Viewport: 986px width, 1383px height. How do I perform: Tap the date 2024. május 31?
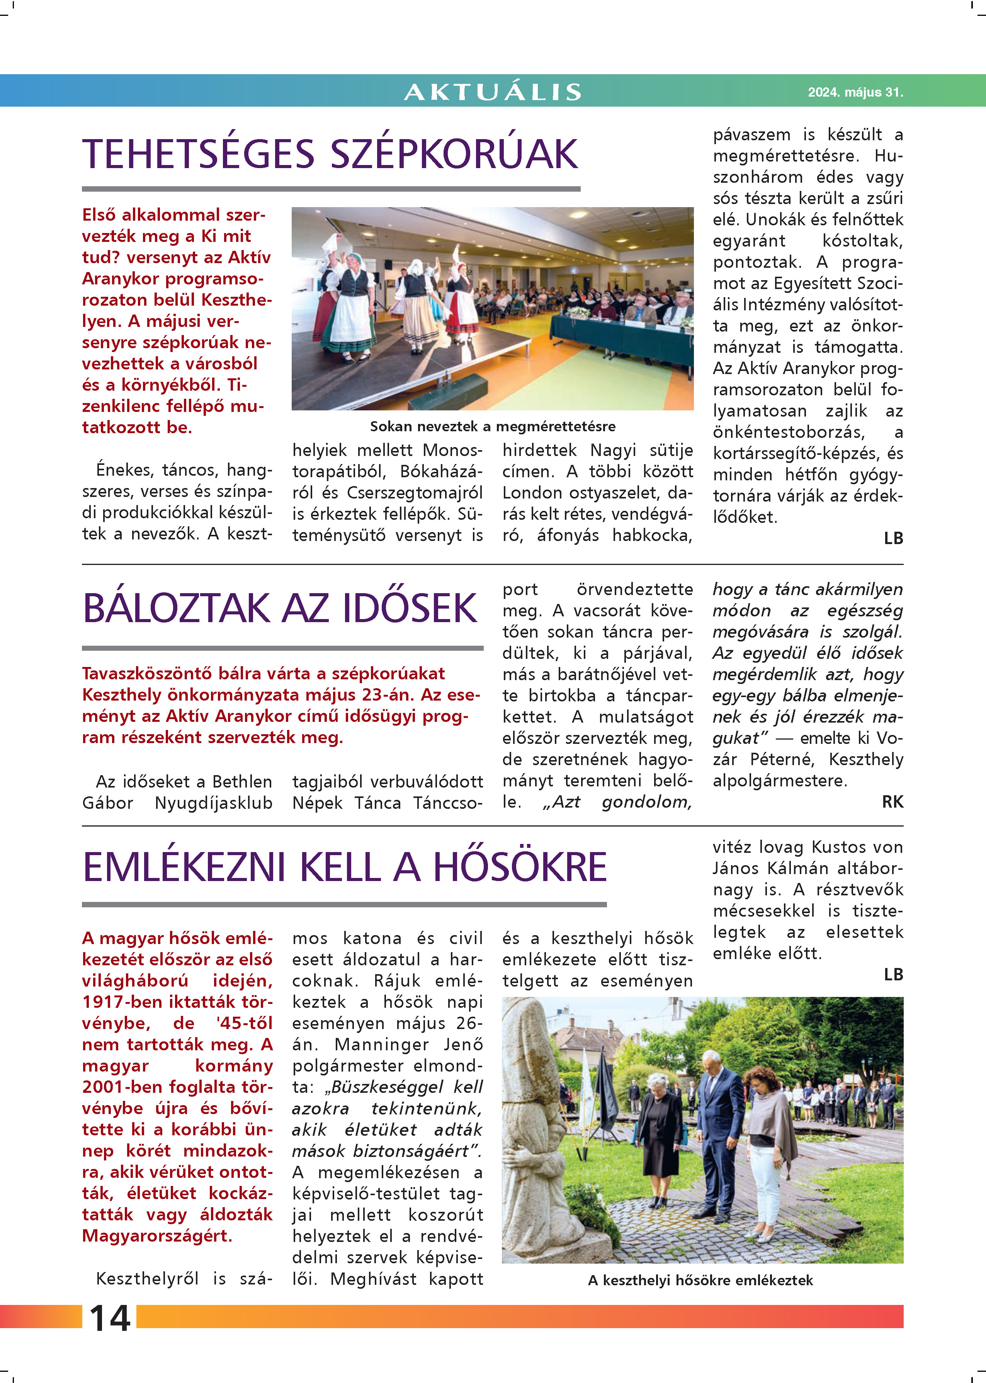(855, 92)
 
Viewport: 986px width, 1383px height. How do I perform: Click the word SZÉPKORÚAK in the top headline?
(454, 154)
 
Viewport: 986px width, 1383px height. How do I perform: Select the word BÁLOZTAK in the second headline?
(176, 608)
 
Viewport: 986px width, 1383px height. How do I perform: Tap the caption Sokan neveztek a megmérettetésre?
(492, 426)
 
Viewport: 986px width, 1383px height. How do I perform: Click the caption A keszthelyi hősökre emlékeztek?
(700, 1280)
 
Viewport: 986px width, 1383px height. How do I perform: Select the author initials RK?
(892, 802)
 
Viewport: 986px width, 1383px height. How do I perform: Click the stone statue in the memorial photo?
(537, 1123)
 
